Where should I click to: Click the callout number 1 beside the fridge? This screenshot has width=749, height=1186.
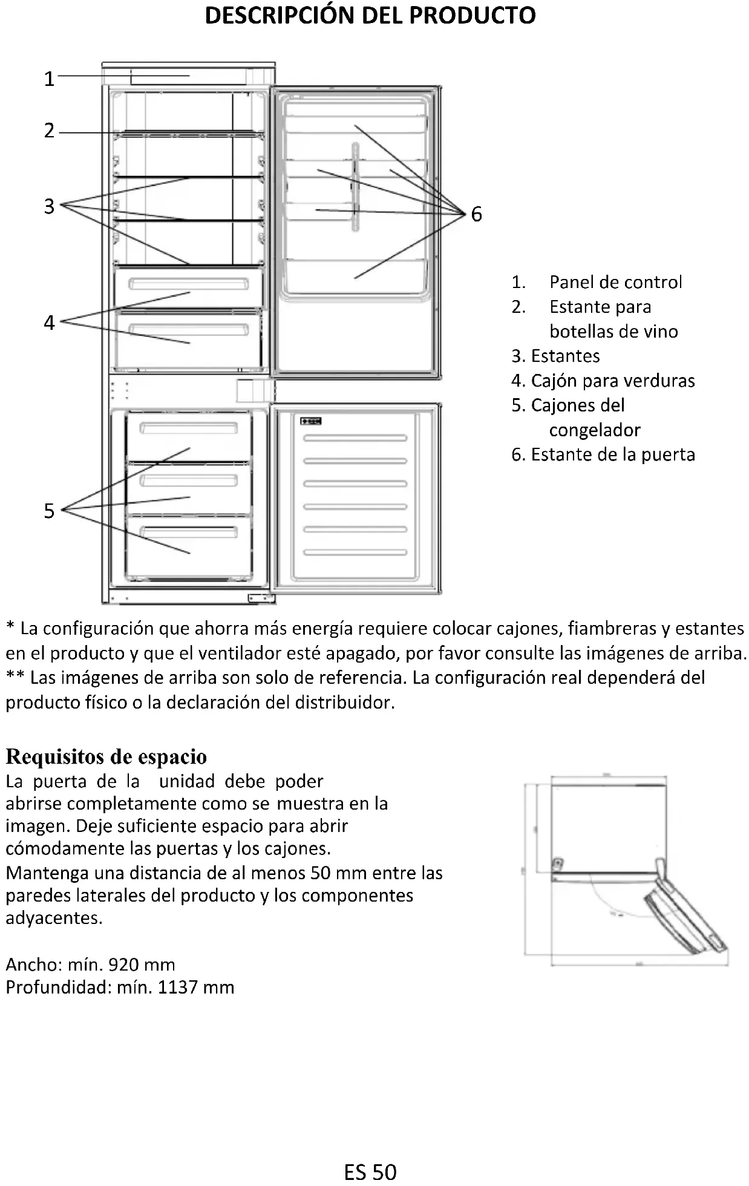coord(49,79)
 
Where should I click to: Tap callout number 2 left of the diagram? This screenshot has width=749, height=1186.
coord(49,130)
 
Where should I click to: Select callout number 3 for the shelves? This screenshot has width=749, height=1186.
coord(49,206)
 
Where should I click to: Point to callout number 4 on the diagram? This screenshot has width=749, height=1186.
coord(49,323)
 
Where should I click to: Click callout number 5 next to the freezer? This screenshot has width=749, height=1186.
coord(49,511)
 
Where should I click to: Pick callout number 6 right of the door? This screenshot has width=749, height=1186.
coord(477,214)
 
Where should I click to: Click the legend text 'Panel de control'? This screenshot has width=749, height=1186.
coord(615,282)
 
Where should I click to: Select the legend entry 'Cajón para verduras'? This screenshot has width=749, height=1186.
coord(612,381)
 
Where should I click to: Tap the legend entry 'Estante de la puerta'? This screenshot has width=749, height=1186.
coord(612,454)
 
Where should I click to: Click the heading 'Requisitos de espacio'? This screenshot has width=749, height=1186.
coord(106,756)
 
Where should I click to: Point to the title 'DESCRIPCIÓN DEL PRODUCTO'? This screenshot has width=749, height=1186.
coord(370,16)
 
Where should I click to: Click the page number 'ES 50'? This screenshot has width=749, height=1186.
coord(370,1172)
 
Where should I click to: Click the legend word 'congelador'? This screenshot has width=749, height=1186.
coord(595,430)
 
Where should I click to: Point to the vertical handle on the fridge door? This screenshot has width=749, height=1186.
coord(355,186)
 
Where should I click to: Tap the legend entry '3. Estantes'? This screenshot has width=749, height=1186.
coord(556,356)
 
